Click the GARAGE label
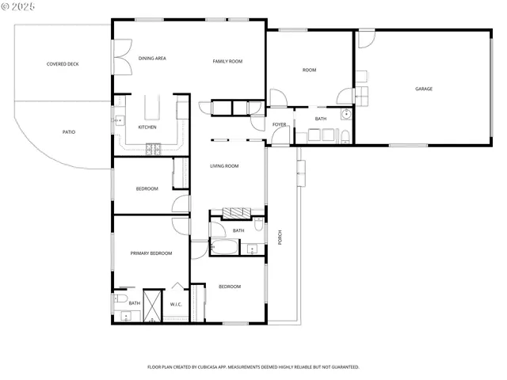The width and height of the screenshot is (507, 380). pyautogui.click(x=424, y=89)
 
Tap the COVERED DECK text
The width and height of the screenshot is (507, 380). pyautogui.click(x=63, y=64)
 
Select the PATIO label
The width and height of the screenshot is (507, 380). pyautogui.click(x=69, y=131)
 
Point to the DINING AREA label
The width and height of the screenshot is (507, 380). pyautogui.click(x=152, y=58)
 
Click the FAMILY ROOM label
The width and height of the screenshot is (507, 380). pyautogui.click(x=227, y=61)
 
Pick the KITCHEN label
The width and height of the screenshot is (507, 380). pyautogui.click(x=147, y=127)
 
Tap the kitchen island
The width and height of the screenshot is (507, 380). pyautogui.click(x=151, y=106)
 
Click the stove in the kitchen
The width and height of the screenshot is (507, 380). pyautogui.click(x=153, y=148)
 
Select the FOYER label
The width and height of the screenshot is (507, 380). pyautogui.click(x=279, y=124)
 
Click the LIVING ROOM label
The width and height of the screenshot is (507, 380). pyautogui.click(x=224, y=166)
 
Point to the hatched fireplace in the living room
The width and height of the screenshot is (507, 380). pyautogui.click(x=235, y=212)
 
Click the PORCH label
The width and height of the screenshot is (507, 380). pyautogui.click(x=279, y=237)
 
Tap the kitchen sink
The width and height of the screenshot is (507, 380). pyautogui.click(x=119, y=121)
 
